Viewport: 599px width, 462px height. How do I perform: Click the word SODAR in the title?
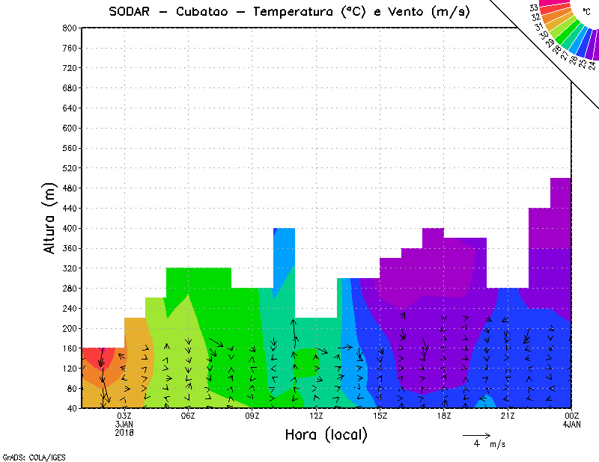coord(132,12)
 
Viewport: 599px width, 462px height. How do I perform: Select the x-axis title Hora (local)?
coord(326,434)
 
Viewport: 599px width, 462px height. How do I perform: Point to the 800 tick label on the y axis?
coord(70,28)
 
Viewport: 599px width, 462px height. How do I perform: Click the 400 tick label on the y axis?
coord(70,228)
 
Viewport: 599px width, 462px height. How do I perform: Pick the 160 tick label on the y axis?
coord(70,348)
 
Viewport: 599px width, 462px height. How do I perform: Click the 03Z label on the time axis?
coord(124,416)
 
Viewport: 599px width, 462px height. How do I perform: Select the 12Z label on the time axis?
coord(316,416)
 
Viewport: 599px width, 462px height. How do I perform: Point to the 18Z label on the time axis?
coord(444,416)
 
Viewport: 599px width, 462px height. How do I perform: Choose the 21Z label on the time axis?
coord(508,416)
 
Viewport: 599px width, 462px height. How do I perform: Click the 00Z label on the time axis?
coord(571,416)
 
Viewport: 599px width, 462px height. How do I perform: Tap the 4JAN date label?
coord(571,424)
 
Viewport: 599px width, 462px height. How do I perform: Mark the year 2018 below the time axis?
coord(124,432)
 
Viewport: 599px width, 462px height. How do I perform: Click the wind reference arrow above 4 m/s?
coord(476,434)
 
